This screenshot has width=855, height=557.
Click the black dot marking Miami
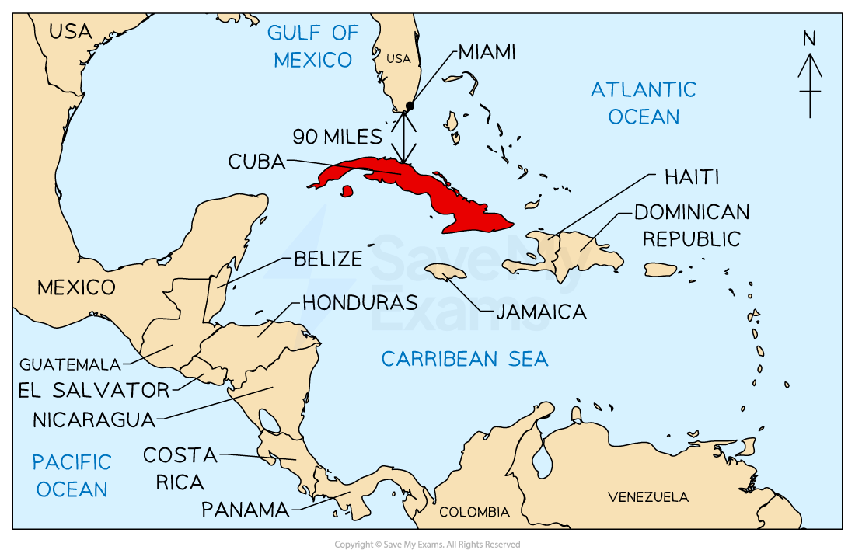pos(410,106)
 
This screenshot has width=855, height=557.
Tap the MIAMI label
pos(487,53)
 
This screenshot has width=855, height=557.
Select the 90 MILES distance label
pos(337,138)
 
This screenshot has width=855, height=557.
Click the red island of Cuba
pos(435,190)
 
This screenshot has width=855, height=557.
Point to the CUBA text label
pos(256,162)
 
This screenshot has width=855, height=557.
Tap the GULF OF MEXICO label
pos(313,46)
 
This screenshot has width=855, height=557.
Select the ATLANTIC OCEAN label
pos(644,103)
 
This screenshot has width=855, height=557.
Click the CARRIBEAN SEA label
pos(465,359)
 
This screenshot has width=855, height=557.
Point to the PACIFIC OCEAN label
pos(72,475)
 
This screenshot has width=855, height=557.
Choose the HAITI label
pos(692,178)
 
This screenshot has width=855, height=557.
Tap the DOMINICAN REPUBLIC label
pos(692,225)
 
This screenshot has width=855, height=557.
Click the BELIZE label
pos(328,259)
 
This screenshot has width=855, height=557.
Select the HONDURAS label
pos(360,303)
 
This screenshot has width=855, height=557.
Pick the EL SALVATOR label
pos(93,390)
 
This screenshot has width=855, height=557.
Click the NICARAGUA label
pos(94,420)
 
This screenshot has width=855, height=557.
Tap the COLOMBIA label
pos(474,513)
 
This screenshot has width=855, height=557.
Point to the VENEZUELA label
pos(648,497)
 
